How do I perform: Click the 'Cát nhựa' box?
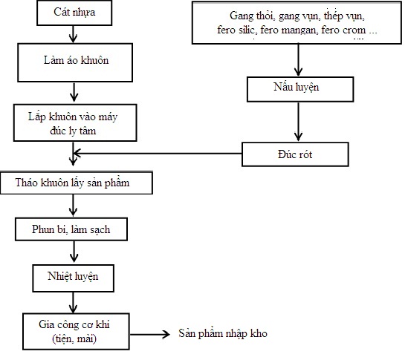74,13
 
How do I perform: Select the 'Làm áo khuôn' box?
75,62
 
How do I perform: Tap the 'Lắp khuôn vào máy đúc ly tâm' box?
75,122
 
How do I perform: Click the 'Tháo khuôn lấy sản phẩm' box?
77,183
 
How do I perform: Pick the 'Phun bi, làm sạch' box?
71,229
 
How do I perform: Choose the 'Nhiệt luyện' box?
74,278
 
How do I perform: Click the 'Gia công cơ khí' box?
76,331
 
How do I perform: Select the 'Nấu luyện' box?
300,89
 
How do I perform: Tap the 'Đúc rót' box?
295,154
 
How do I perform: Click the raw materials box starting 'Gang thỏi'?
297,22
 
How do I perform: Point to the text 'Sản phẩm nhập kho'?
223,333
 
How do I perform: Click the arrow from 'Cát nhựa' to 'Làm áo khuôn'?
73,34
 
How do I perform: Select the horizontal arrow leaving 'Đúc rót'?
158,154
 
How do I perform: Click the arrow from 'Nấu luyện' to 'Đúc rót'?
299,122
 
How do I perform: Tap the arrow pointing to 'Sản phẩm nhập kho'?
150,335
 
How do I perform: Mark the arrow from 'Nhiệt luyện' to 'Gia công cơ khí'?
73,303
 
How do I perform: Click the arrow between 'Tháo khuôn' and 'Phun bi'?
73,206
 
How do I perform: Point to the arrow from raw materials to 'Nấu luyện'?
299,59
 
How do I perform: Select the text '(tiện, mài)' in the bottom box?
74,338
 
